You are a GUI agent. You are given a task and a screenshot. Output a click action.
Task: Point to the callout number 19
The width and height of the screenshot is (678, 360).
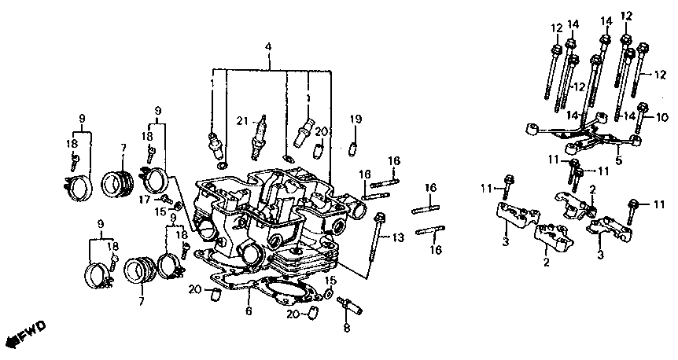356,119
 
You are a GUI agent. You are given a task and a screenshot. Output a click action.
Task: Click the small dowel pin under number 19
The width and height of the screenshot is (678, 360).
354,148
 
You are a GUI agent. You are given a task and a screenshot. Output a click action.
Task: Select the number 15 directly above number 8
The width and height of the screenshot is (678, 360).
330,281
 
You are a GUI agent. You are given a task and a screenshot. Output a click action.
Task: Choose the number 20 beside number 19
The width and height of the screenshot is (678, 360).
321,131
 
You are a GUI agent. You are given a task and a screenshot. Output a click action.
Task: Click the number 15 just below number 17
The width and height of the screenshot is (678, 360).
160,211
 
